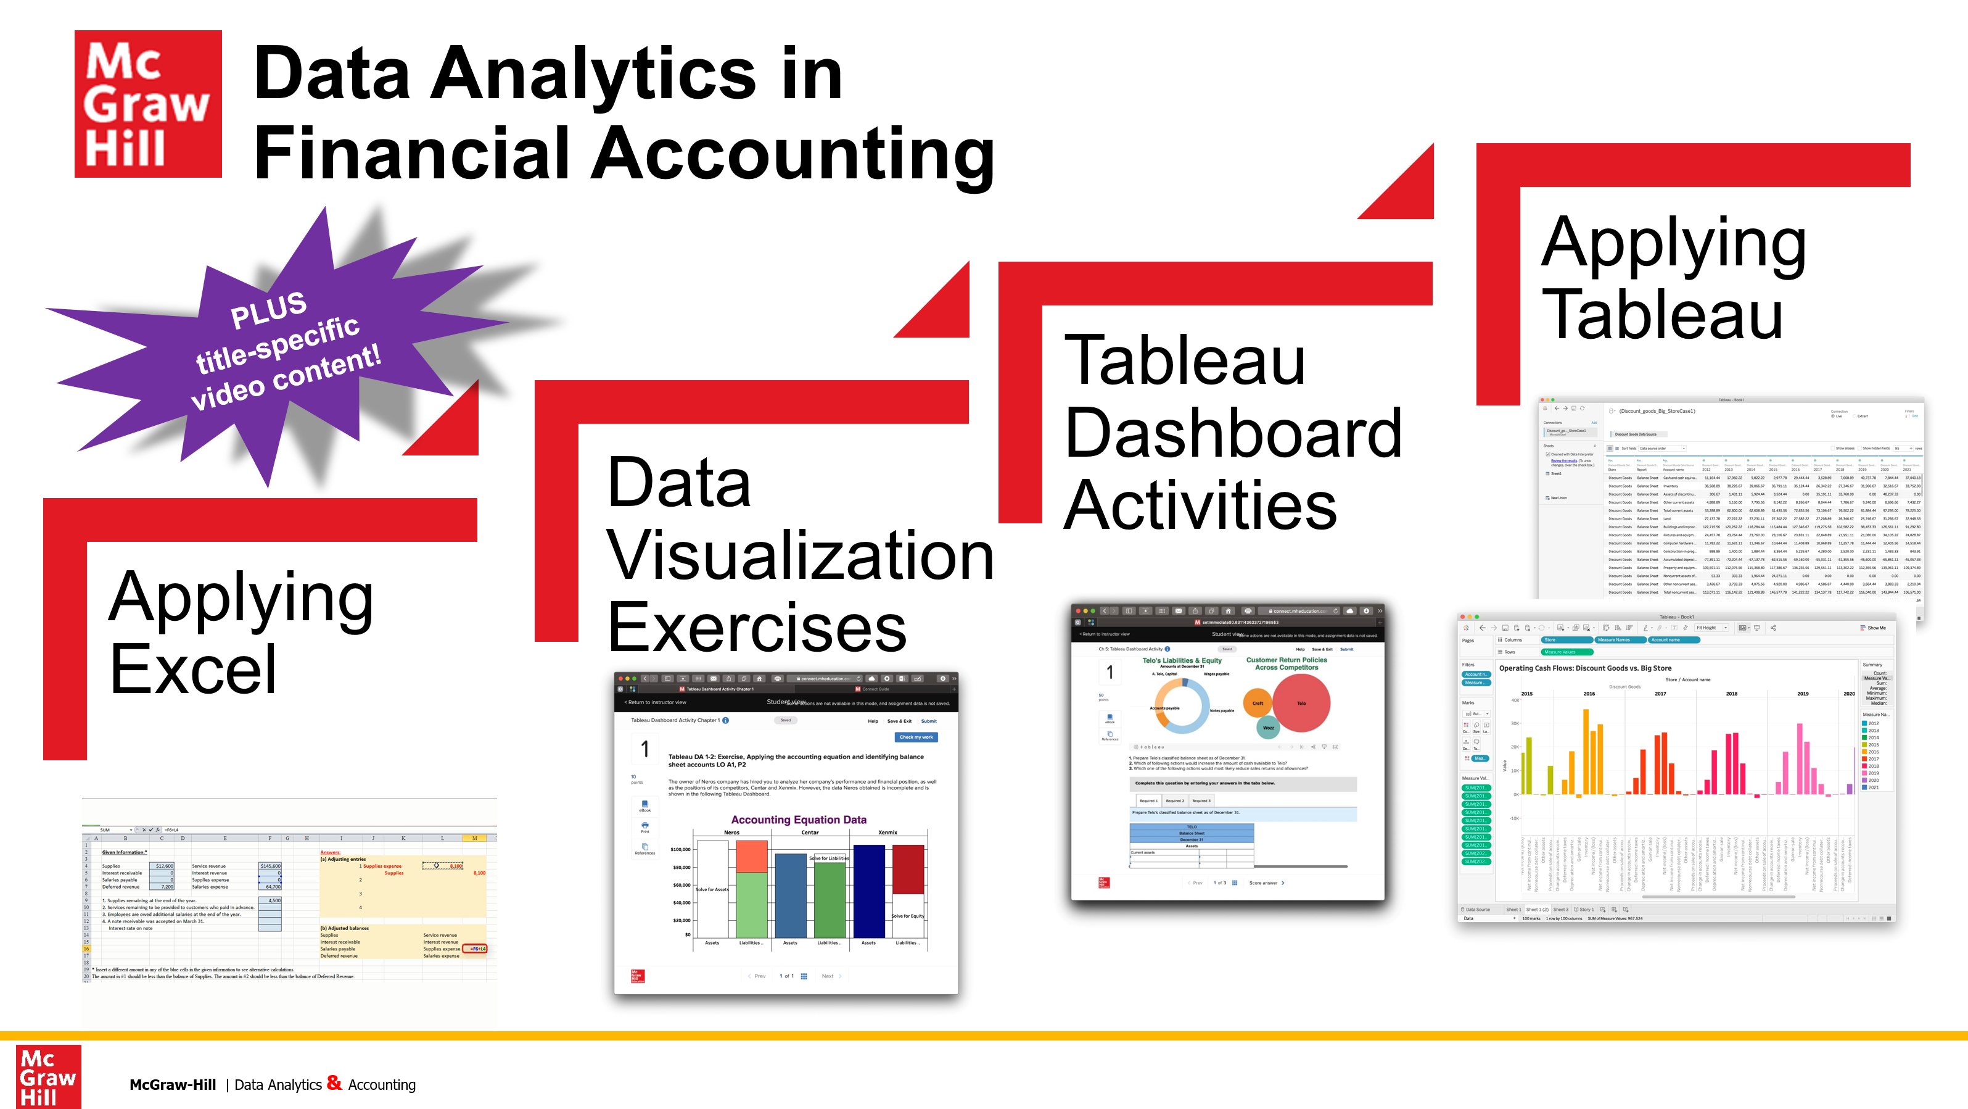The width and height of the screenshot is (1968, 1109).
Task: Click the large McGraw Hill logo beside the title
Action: pyautogui.click(x=147, y=104)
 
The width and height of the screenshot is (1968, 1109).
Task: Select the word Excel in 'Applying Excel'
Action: pyautogui.click(x=192, y=669)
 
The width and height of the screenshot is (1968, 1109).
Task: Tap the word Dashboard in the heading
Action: pyautogui.click(x=1232, y=433)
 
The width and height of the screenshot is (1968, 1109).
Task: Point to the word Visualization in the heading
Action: pyautogui.click(x=799, y=555)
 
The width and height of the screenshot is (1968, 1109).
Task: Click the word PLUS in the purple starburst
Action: pyautogui.click(x=268, y=310)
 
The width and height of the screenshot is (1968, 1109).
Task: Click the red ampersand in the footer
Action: pyautogui.click(x=334, y=1082)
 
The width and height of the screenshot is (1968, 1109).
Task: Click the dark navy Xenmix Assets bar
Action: pyautogui.click(x=868, y=891)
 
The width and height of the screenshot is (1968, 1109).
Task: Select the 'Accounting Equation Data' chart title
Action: pyautogui.click(x=798, y=820)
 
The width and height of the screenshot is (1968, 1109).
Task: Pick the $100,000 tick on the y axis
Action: pyautogui.click(x=680, y=849)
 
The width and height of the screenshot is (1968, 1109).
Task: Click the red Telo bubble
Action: pyautogui.click(x=1301, y=703)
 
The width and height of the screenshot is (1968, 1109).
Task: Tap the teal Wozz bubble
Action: pyautogui.click(x=1268, y=728)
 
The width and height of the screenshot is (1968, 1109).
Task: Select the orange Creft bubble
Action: pyautogui.click(x=1258, y=703)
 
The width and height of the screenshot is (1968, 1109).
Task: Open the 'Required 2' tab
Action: pyautogui.click(x=1174, y=801)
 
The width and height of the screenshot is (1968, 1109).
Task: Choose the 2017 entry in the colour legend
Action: pyautogui.click(x=1873, y=759)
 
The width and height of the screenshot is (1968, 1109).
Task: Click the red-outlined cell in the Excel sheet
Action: pyautogui.click(x=474, y=949)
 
